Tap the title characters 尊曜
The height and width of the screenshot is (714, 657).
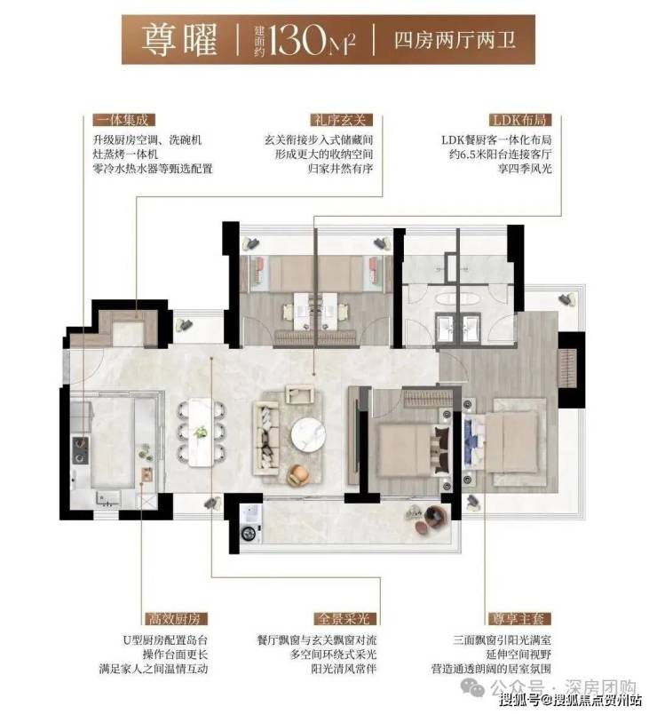click(179, 40)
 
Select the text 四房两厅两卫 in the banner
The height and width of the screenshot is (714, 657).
click(455, 40)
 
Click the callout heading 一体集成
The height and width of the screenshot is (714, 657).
click(123, 120)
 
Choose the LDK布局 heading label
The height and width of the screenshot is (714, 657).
click(520, 120)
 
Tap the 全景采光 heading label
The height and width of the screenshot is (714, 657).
click(346, 618)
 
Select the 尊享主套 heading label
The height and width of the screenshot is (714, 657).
click(519, 618)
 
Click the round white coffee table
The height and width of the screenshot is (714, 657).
click(308, 435)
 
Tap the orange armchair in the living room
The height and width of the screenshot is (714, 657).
click(299, 474)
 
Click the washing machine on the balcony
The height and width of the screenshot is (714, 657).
click(249, 524)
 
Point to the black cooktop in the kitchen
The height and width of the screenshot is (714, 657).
click(81, 450)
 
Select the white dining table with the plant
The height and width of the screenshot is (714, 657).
click(200, 432)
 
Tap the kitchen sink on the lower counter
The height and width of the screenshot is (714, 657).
click(108, 498)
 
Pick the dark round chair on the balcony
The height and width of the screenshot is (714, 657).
click(437, 518)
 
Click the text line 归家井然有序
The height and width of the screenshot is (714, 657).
click(341, 169)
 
